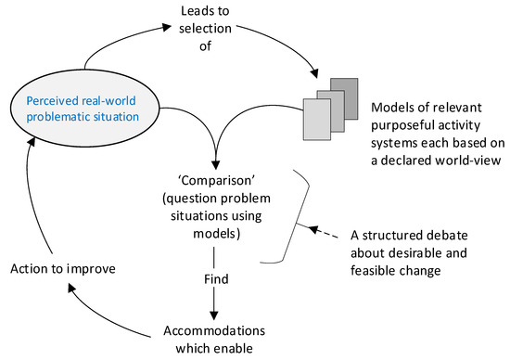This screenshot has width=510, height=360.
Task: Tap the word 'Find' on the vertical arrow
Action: click(214, 277)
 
